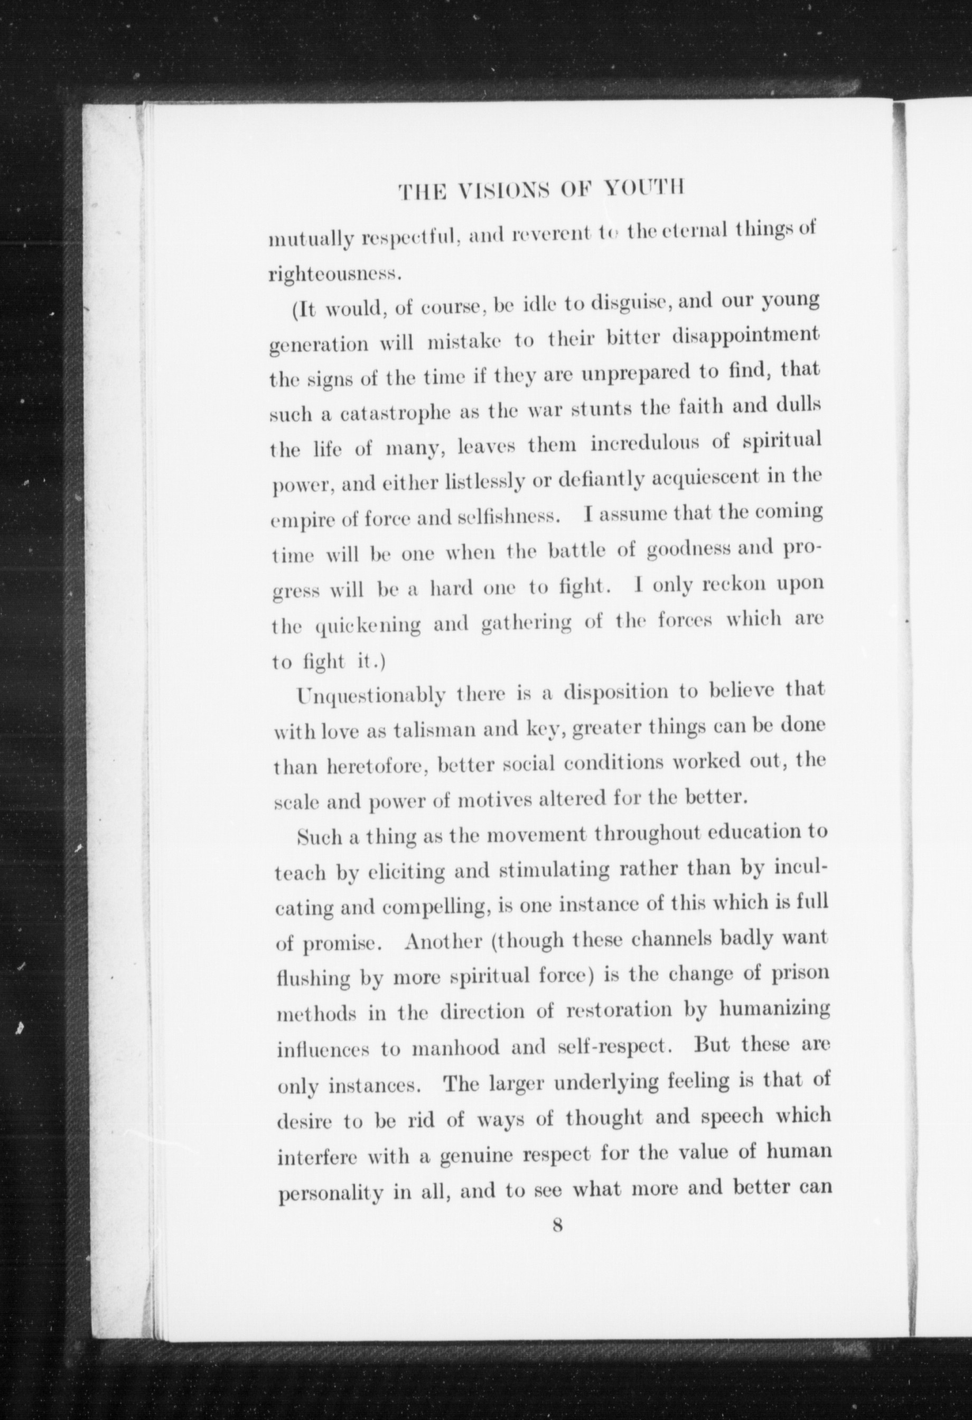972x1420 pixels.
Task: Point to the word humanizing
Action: [774, 1010]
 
